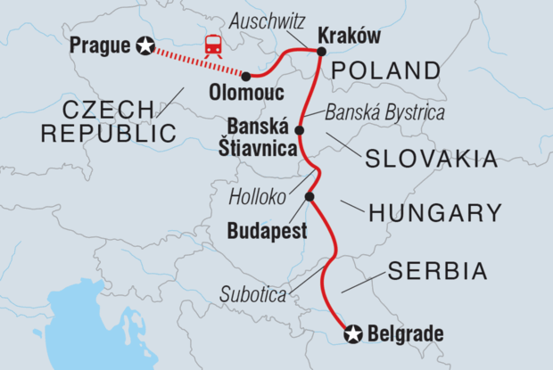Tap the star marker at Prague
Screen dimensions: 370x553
pos(145,45)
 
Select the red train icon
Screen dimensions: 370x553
pos(213,45)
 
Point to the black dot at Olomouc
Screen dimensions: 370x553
pos(245,76)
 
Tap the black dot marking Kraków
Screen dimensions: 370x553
pos(320,52)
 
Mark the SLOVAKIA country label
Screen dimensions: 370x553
pos(429,159)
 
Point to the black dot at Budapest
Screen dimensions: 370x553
pos(310,197)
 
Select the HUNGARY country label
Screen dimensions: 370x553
pos(436,212)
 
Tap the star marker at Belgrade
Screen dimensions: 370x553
pos(353,334)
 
